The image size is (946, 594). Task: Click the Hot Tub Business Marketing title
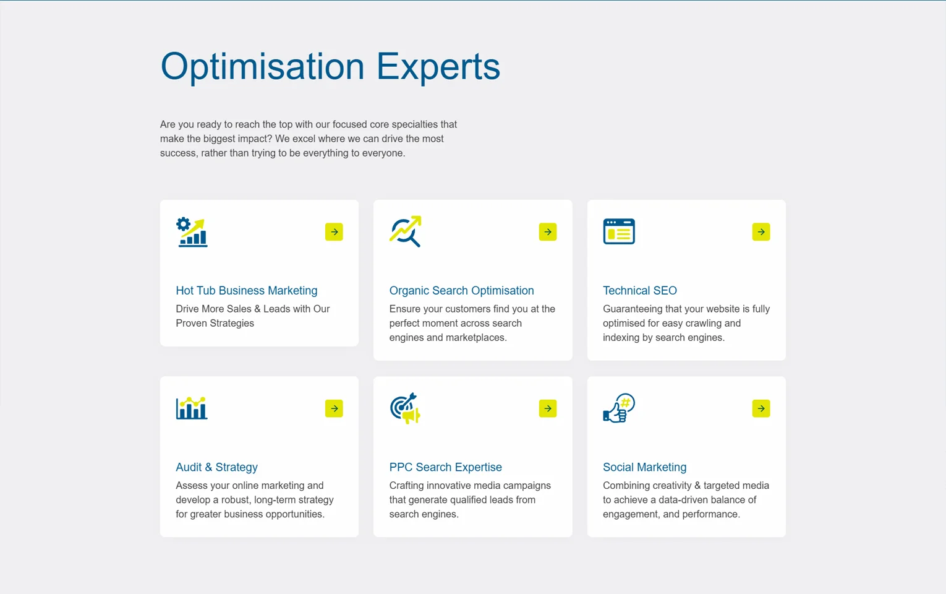point(246,290)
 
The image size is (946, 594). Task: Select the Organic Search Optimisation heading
point(461,290)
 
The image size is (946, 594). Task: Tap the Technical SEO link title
point(639,290)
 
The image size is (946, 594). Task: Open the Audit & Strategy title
point(216,467)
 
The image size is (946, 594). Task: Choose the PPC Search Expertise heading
point(445,467)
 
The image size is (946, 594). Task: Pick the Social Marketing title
point(644,467)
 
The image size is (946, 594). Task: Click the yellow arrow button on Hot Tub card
point(334,231)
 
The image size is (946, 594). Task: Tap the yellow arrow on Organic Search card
point(547,231)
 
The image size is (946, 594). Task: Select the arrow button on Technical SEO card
point(761,231)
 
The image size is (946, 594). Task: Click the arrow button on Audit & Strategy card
point(334,408)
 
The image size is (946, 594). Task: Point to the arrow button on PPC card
point(547,408)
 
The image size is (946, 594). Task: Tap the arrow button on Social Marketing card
point(761,408)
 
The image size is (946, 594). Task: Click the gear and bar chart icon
point(192,231)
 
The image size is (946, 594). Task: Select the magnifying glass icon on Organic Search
point(406,231)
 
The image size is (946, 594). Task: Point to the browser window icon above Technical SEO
point(619,231)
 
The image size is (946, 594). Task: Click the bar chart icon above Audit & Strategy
point(192,408)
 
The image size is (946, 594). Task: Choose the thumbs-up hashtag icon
point(619,408)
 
